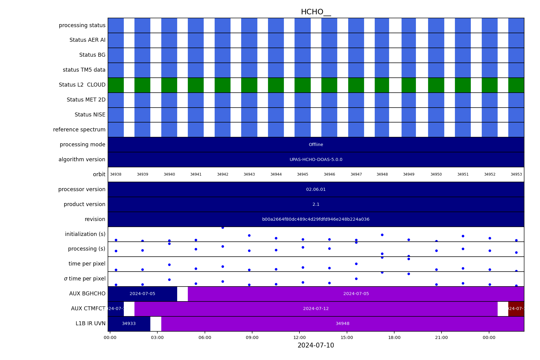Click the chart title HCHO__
pyautogui.click(x=316, y=12)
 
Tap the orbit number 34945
pyautogui.click(x=302, y=175)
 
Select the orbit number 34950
pyautogui.click(x=436, y=175)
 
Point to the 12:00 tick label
pyautogui.click(x=299, y=338)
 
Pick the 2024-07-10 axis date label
pyautogui.click(x=316, y=346)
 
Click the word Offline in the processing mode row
pyautogui.click(x=316, y=145)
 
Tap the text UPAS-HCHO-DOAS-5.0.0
pyautogui.click(x=316, y=160)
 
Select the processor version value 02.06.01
pyautogui.click(x=316, y=190)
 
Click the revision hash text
pyautogui.click(x=316, y=219)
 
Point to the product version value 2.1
pyautogui.click(x=316, y=205)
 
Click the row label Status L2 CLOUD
pyautogui.click(x=82, y=85)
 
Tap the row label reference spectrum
pyautogui.click(x=79, y=130)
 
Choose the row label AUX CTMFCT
pyautogui.click(x=88, y=309)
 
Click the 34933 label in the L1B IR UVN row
pyautogui.click(x=129, y=324)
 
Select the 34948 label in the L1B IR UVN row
pyautogui.click(x=342, y=324)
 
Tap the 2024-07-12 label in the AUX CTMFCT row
pyautogui.click(x=316, y=309)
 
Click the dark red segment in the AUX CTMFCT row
pyautogui.click(x=516, y=309)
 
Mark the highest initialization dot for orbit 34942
pyautogui.click(x=223, y=228)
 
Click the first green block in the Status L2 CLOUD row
pyautogui.click(x=116, y=85)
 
